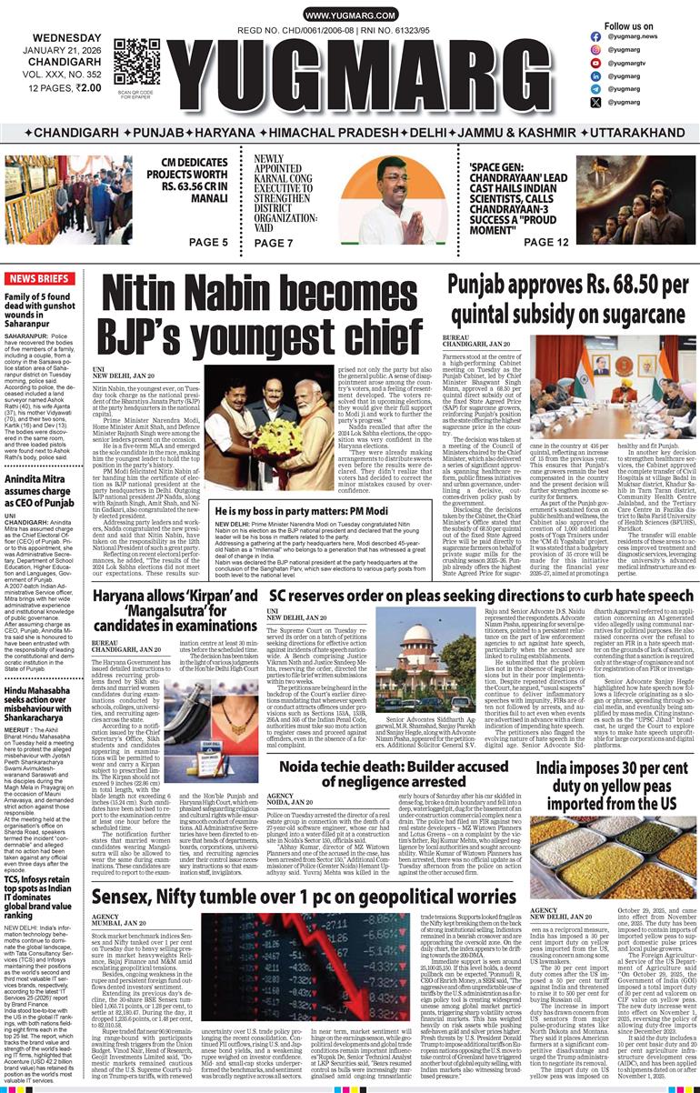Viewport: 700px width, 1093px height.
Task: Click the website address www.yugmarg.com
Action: pos(350,16)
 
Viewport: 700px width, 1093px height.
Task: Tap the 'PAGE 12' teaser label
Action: pos(545,242)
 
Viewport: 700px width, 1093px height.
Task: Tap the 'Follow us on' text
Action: pos(628,26)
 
